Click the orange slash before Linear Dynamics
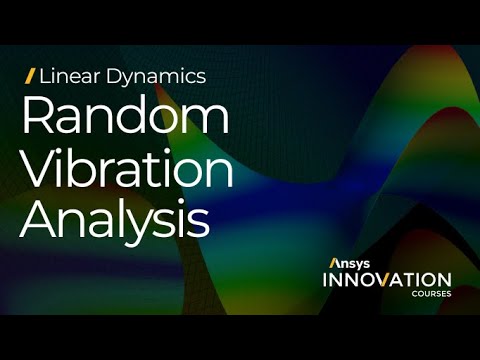click(30, 75)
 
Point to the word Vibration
click(127, 169)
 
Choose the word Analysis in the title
click(116, 220)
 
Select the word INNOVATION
click(386, 280)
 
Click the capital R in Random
click(38, 117)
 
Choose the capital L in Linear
click(45, 75)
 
